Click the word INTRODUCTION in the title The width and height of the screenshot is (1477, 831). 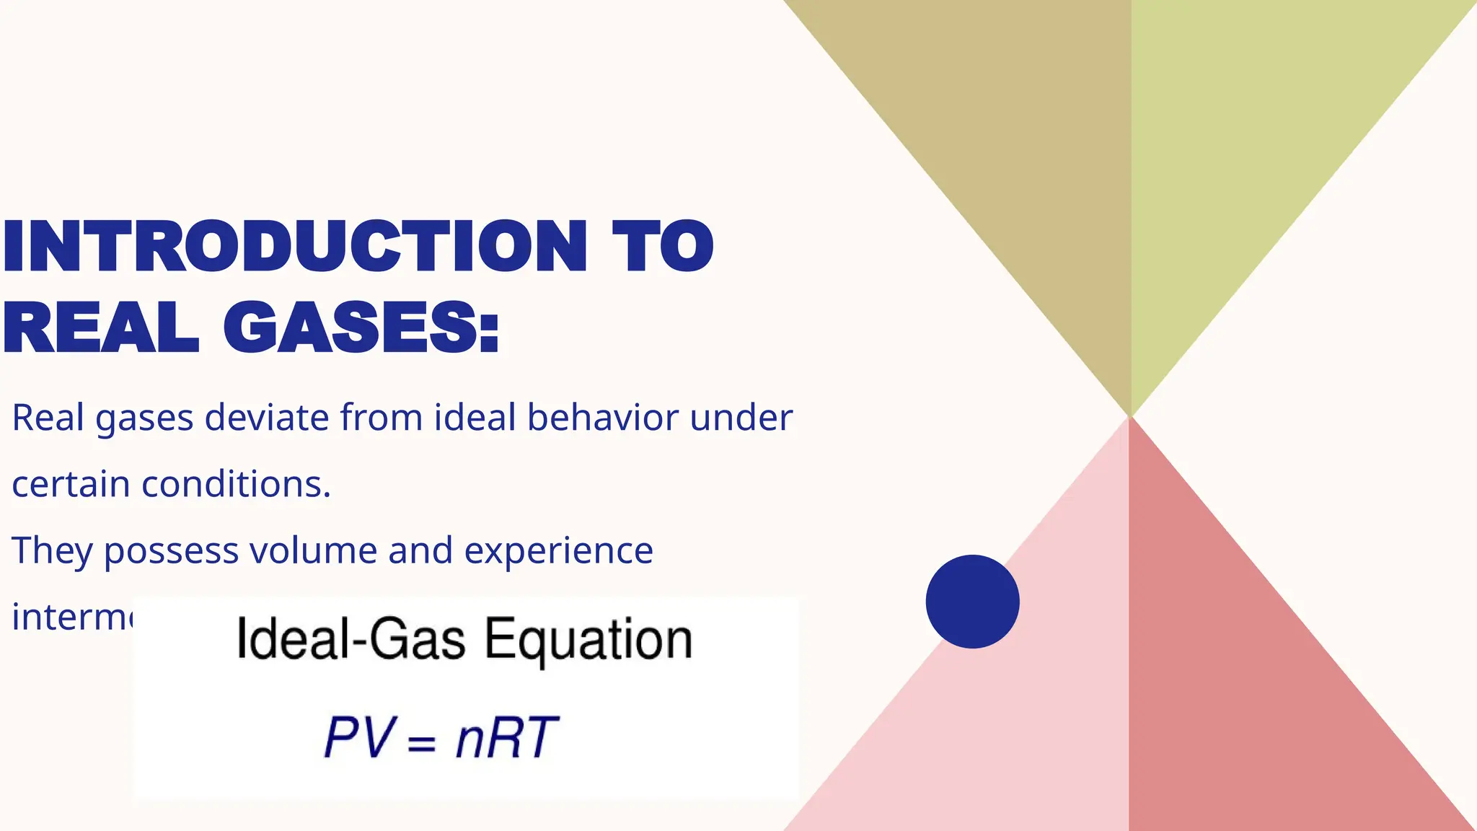pos(294,247)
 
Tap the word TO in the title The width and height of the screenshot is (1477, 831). pos(662,247)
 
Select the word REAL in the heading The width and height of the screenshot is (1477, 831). pos(101,328)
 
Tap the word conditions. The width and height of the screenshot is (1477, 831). pos(236,484)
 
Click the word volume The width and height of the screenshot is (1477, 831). pos(314,551)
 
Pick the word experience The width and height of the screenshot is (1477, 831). pos(559,551)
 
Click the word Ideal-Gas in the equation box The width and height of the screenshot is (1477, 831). pos(351,639)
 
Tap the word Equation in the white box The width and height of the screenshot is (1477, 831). pos(588,641)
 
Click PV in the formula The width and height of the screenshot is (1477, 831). pos(359,738)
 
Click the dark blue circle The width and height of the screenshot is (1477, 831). pos(972,602)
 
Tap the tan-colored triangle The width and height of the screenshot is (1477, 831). pos(1010,144)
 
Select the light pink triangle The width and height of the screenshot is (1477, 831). pos(1024,721)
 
